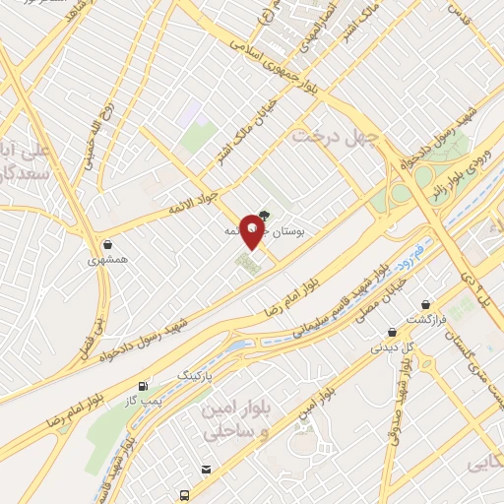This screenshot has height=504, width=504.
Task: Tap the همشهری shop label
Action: coord(107,262)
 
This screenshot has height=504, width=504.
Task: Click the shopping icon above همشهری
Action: coord(106,244)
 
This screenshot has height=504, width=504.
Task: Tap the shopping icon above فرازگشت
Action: coord(425,304)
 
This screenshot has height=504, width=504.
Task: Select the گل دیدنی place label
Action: coord(392,346)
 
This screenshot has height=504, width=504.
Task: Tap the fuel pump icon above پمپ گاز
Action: coord(145,385)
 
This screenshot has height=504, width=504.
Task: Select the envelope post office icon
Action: coord(205,469)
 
